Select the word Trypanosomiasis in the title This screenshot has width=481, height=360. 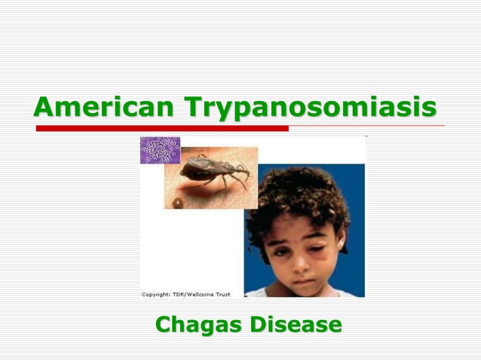(x=312, y=107)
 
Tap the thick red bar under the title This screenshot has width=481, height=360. (x=162, y=129)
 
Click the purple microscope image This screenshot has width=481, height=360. (x=160, y=150)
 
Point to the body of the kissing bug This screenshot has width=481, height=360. (x=208, y=169)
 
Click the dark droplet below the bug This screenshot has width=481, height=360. (x=178, y=202)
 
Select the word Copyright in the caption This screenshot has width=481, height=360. (x=158, y=294)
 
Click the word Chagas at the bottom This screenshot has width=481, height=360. (x=198, y=325)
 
